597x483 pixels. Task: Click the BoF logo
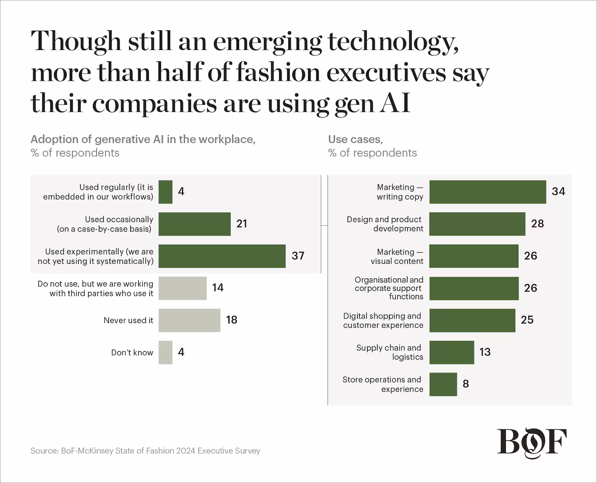[x=532, y=443]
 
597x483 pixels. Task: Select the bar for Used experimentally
[x=222, y=256]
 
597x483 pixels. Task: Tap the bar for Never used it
[x=189, y=320]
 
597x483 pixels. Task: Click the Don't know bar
[x=165, y=353]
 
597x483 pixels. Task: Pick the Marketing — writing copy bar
[x=488, y=192]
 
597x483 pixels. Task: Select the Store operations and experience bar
[x=443, y=384]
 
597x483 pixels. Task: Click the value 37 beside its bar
[x=298, y=256]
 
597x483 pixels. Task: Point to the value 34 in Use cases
[x=558, y=191]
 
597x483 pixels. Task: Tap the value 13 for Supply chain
[x=485, y=352]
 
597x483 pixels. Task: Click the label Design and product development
[x=385, y=224]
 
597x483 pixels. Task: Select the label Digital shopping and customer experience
[x=383, y=321]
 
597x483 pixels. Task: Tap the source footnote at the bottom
[x=145, y=451]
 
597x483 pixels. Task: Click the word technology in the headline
[x=392, y=42]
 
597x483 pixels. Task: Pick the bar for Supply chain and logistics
[x=451, y=353]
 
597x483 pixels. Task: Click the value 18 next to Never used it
[x=231, y=320]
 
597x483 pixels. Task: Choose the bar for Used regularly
[x=165, y=192]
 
